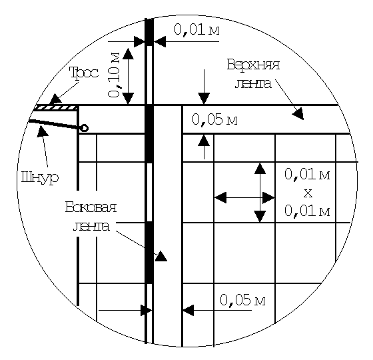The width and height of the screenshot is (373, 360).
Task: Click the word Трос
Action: (84, 72)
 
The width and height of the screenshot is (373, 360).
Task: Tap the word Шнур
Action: (40, 177)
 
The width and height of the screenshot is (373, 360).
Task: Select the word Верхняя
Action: (253, 64)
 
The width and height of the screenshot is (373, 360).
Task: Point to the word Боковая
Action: (91, 207)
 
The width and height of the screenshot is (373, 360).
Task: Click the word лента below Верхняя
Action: (253, 84)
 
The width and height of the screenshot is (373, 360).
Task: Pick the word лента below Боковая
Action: (91, 226)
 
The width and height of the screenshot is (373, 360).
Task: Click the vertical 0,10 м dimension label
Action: (114, 75)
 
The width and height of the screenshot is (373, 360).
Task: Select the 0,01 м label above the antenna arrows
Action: (196, 30)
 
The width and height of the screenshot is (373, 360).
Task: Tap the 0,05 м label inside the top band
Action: (214, 119)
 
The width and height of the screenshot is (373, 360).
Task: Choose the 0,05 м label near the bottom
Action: (242, 300)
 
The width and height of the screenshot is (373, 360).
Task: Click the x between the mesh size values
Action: (308, 193)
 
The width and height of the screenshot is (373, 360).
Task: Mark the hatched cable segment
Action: (56, 108)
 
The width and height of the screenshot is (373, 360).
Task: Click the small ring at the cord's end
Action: (85, 128)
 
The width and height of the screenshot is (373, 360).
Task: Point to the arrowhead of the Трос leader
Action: (55, 99)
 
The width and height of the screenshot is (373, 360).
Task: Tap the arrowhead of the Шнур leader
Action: (42, 131)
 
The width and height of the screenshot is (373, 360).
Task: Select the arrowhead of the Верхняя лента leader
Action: (298, 114)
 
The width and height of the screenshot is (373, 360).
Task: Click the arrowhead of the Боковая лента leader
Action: (161, 256)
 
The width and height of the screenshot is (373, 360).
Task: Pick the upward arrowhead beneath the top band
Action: (204, 140)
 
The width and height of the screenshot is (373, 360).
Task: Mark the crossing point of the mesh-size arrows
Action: (260, 197)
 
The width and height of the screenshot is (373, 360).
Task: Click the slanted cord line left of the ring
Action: (55, 125)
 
